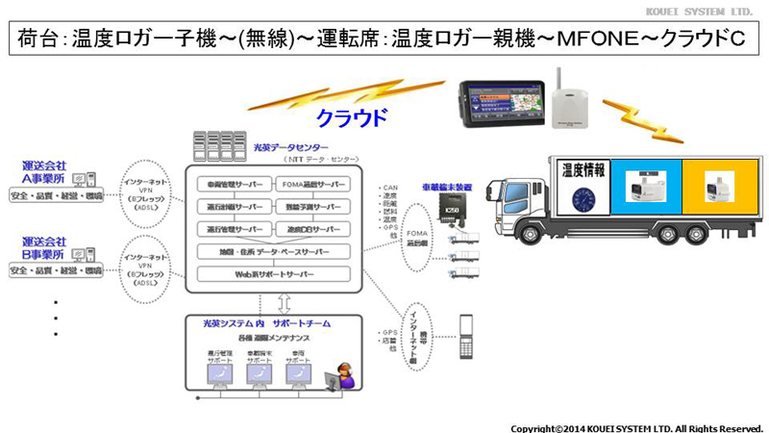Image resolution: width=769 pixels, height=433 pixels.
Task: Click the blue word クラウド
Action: [x=354, y=118]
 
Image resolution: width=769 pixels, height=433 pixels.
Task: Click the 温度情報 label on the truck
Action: [x=582, y=169]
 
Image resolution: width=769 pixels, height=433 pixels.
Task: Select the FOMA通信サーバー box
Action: [x=309, y=184]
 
